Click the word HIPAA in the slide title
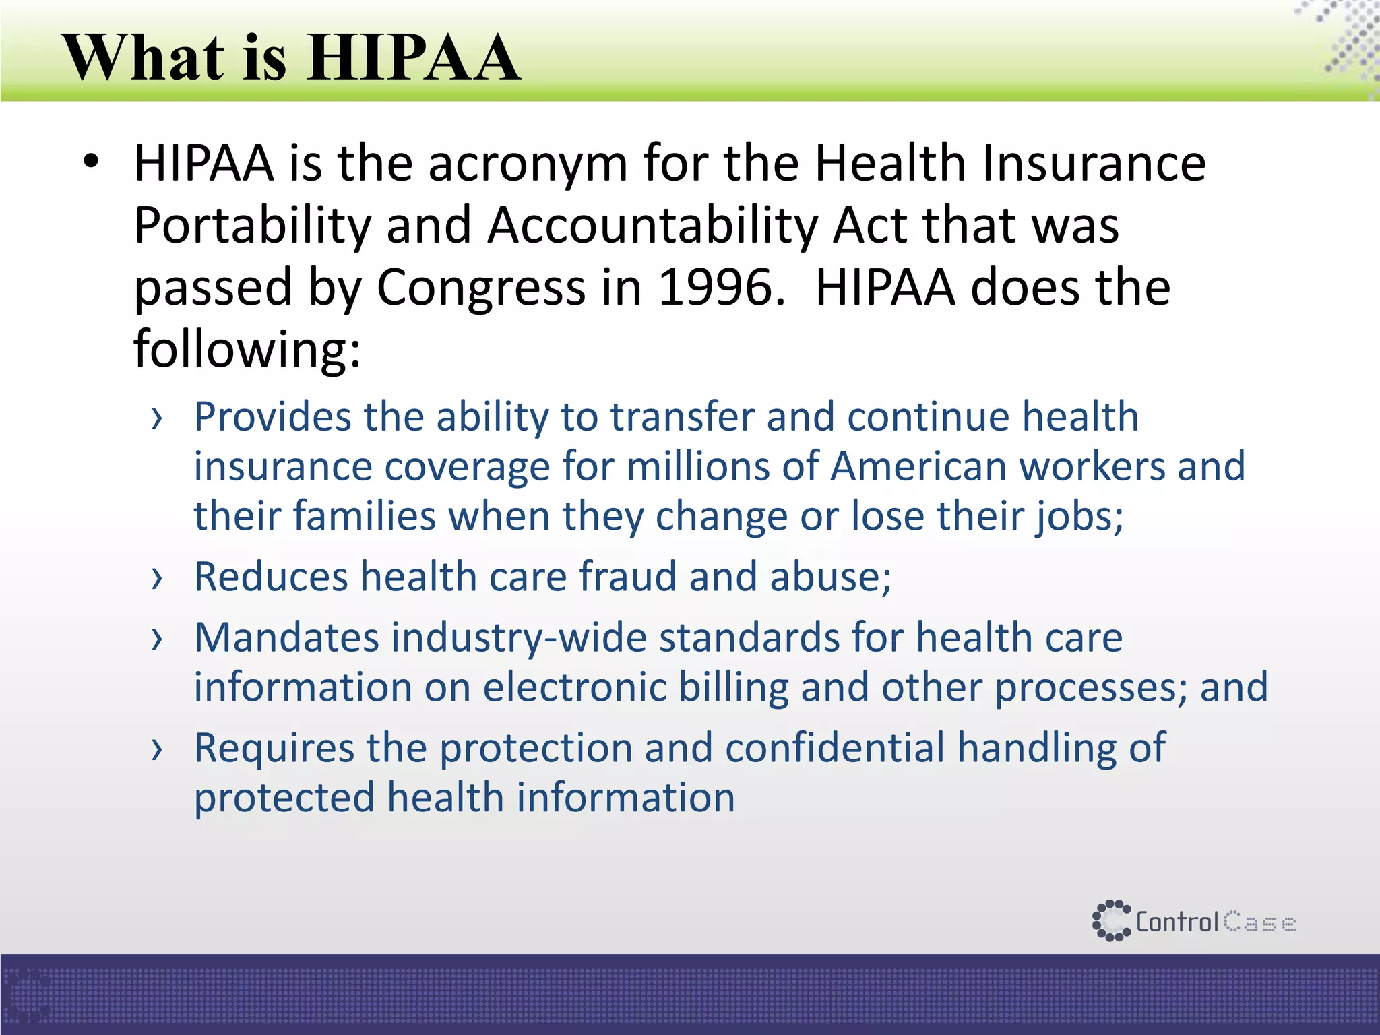tap(413, 58)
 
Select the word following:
tap(247, 349)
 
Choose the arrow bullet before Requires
tap(157, 749)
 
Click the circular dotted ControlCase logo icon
tap(1111, 920)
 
